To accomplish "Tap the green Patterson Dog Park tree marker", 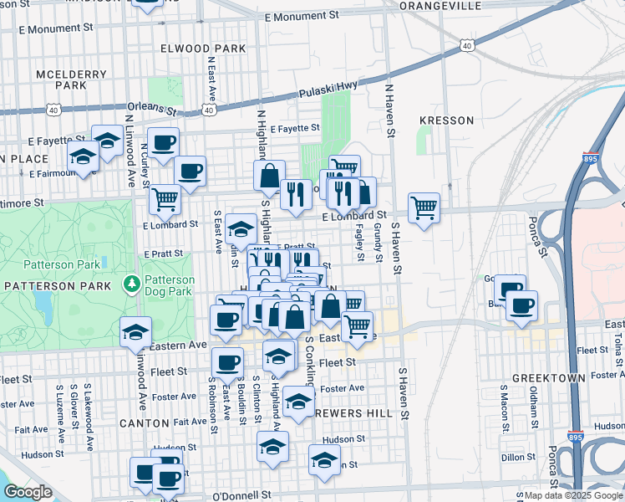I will [130, 285].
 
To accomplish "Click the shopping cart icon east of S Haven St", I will [424, 207].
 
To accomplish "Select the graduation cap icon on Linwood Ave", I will [135, 331].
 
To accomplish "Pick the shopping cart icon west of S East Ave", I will [165, 199].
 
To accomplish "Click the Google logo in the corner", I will [28, 492].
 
